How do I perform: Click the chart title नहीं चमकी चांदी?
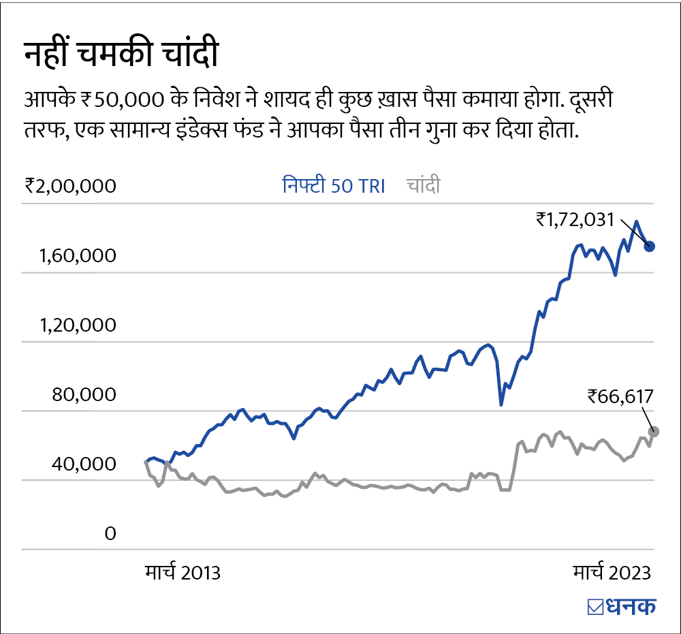(121, 54)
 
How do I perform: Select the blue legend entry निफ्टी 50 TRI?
(334, 186)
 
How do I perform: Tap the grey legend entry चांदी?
(423, 186)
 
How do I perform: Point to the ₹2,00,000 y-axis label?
(70, 186)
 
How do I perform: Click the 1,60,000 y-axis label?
(78, 256)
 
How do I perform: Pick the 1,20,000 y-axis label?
(78, 326)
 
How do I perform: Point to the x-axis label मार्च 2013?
(183, 572)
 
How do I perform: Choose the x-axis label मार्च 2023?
(611, 572)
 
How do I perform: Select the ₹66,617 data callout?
(620, 396)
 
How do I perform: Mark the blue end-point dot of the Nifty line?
(650, 246)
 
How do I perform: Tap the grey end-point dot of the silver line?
(654, 431)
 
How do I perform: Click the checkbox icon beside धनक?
(595, 606)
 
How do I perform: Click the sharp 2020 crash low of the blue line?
(501, 405)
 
